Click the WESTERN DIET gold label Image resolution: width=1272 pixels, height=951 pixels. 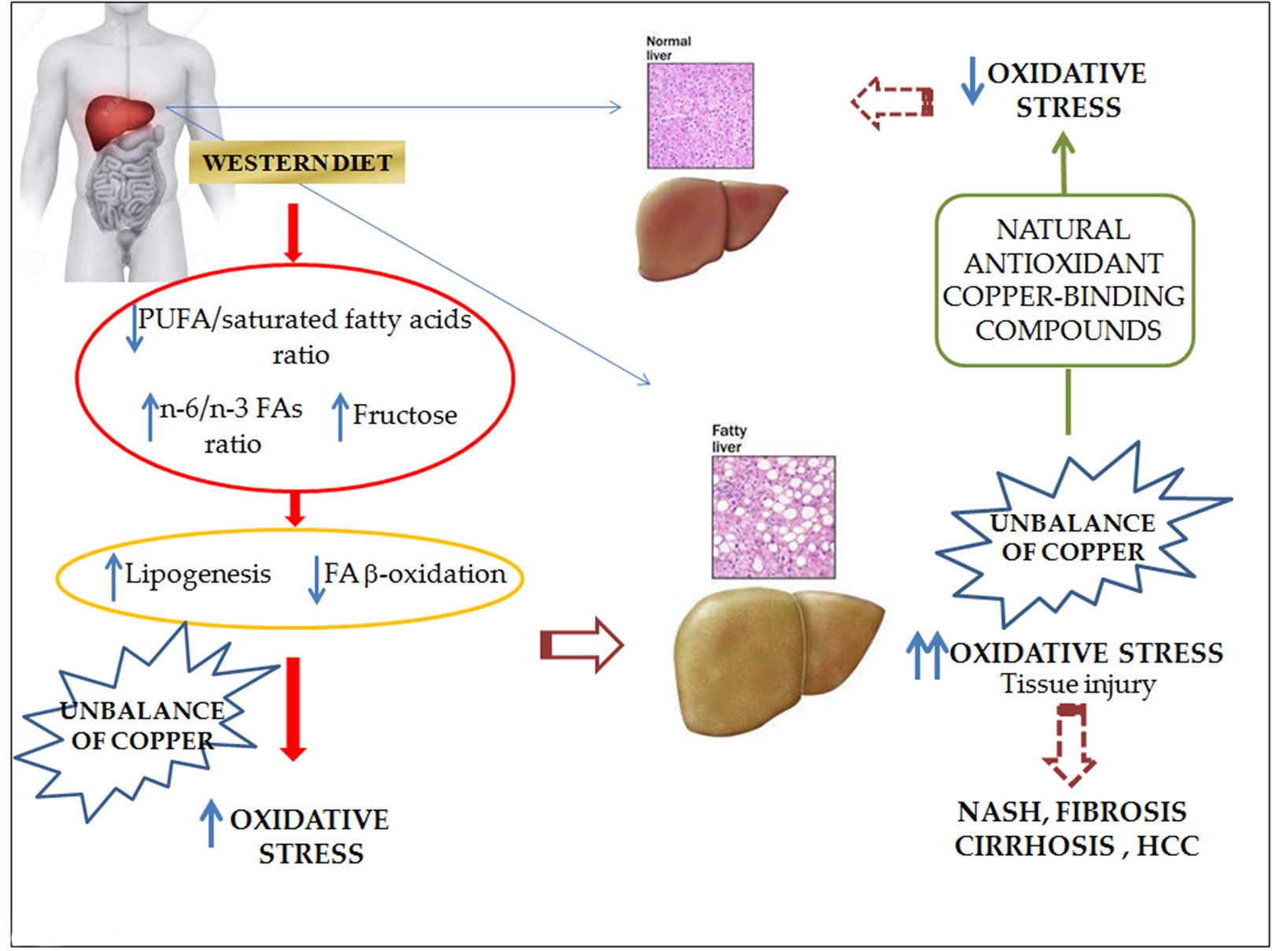tap(297, 162)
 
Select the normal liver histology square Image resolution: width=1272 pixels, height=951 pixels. tap(700, 116)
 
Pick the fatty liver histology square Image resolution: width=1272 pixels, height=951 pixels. tap(773, 517)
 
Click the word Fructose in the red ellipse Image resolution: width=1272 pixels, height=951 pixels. tap(404, 415)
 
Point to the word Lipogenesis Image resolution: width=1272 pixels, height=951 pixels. tap(197, 574)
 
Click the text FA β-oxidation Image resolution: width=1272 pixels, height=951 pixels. tap(415, 574)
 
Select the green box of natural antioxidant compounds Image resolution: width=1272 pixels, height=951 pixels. tap(1065, 280)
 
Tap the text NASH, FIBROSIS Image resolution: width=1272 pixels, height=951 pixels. tap(1071, 812)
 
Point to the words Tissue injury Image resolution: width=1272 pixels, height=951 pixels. tap(1078, 684)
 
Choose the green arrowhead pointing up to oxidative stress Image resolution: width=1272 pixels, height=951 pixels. tap(1064, 145)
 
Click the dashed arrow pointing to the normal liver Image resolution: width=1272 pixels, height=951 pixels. tap(890, 102)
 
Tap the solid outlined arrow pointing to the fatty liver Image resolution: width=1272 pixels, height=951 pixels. tap(581, 646)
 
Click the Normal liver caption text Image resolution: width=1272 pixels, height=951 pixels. tap(668, 48)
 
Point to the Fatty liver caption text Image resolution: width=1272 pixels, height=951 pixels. tap(729, 438)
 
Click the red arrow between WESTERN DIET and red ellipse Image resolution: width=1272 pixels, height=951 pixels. tap(293, 232)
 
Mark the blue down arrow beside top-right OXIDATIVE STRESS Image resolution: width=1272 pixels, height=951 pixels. tap(972, 81)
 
